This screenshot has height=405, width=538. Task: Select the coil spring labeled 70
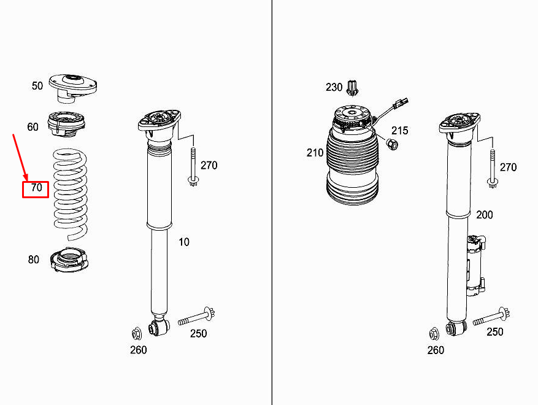pyautogui.click(x=71, y=193)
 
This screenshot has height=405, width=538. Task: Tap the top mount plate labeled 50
pyautogui.click(x=73, y=87)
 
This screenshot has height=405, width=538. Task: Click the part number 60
pyautogui.click(x=33, y=127)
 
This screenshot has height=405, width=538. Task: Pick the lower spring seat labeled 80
pyautogui.click(x=69, y=260)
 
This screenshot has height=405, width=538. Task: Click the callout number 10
pyautogui.click(x=184, y=242)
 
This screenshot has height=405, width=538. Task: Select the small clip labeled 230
pyautogui.click(x=352, y=88)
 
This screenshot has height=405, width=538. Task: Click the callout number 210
pyautogui.click(x=315, y=152)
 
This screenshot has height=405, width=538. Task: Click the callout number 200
pyautogui.click(x=484, y=215)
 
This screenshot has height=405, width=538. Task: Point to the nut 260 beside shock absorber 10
pyautogui.click(x=137, y=334)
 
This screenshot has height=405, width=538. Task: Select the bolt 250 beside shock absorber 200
pyautogui.click(x=490, y=317)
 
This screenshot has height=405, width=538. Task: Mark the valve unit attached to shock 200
pyautogui.click(x=475, y=268)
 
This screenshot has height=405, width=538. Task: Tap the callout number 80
pyautogui.click(x=33, y=260)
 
